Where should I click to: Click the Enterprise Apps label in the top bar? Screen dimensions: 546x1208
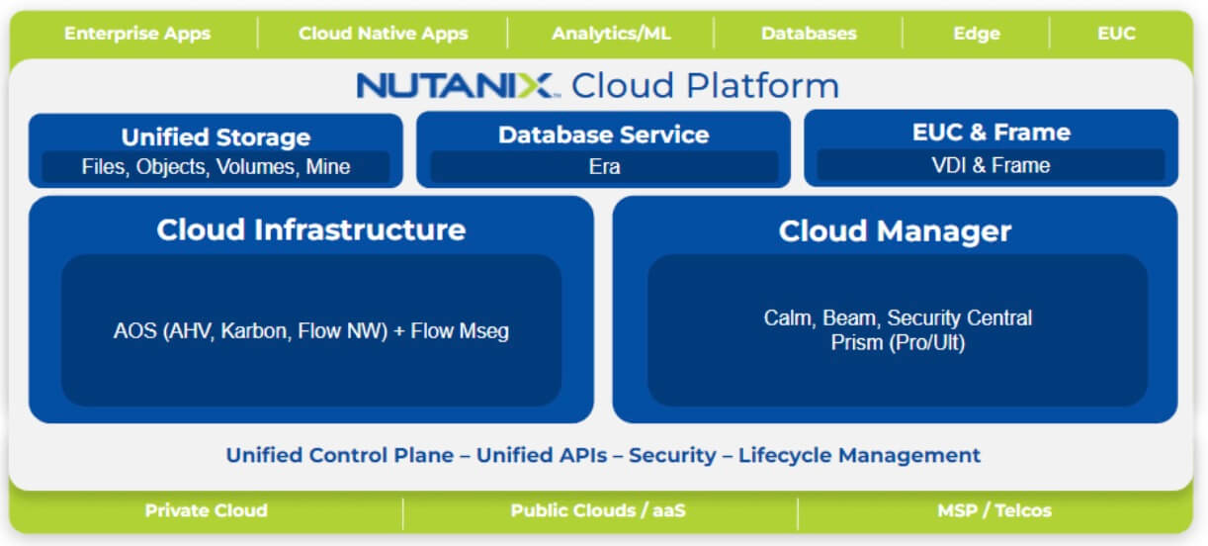pyautogui.click(x=137, y=34)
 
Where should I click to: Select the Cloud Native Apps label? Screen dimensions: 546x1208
pyautogui.click(x=383, y=34)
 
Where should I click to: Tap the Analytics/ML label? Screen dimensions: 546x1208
pyautogui.click(x=611, y=34)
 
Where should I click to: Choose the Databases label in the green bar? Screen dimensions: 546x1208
pyautogui.click(x=808, y=34)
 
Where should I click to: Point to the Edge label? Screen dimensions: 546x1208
pyautogui.click(x=976, y=34)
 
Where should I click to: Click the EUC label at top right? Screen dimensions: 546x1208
pyautogui.click(x=1116, y=34)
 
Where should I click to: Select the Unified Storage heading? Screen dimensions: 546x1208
pyautogui.click(x=216, y=136)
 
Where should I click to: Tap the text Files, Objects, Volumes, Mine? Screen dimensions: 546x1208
pyautogui.click(x=216, y=167)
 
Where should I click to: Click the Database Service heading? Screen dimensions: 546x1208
pyautogui.click(x=603, y=135)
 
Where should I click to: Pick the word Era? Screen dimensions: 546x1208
pyautogui.click(x=604, y=166)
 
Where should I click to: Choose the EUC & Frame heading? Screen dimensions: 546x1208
pyautogui.click(x=991, y=133)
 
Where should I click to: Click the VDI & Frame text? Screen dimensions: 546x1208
pyautogui.click(x=991, y=165)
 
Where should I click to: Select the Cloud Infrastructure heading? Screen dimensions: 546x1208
pyautogui.click(x=310, y=229)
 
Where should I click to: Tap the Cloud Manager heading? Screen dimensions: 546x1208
pyautogui.click(x=895, y=231)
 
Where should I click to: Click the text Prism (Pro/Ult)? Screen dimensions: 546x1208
pyautogui.click(x=898, y=342)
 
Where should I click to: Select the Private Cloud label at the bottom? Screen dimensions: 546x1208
pyautogui.click(x=206, y=511)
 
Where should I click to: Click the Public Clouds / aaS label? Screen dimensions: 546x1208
pyautogui.click(x=598, y=511)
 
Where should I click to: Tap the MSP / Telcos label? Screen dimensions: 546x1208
pyautogui.click(x=993, y=511)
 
